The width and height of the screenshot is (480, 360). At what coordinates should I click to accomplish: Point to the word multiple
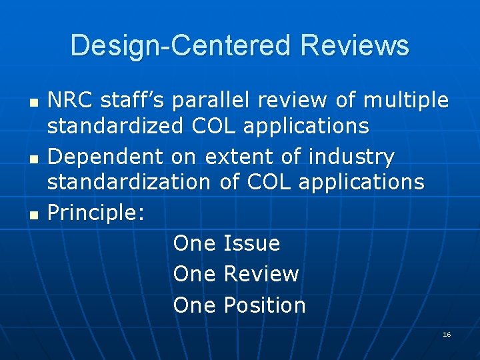click(x=407, y=101)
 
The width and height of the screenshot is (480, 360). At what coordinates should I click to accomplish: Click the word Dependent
click(x=105, y=157)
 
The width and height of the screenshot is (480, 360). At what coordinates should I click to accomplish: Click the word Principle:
click(x=96, y=213)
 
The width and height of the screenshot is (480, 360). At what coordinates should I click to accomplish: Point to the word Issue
click(x=251, y=243)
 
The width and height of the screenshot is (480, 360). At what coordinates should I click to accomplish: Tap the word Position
click(x=264, y=305)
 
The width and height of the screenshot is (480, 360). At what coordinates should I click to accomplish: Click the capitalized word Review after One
click(x=261, y=274)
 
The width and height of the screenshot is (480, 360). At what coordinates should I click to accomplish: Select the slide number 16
click(x=447, y=334)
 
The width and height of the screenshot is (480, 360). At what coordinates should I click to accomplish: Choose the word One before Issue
click(x=194, y=243)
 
